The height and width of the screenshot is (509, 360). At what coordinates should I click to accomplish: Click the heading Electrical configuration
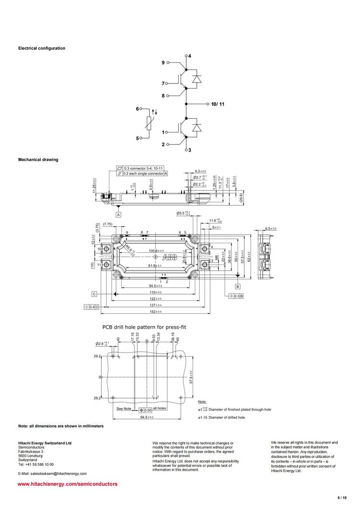[42, 48]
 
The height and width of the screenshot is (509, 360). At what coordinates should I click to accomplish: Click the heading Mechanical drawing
[38, 159]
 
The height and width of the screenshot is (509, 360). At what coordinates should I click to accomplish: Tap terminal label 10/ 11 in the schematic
[217, 104]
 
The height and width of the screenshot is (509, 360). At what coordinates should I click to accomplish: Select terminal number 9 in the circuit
[163, 63]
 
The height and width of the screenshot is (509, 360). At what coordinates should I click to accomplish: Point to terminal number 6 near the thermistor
[137, 109]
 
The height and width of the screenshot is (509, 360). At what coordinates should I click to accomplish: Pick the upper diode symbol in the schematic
[196, 79]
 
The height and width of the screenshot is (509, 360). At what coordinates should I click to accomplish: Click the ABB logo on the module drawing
[176, 258]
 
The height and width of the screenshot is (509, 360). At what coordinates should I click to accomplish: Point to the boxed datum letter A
[118, 214]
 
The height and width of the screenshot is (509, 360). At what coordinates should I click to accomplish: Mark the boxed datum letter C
[95, 293]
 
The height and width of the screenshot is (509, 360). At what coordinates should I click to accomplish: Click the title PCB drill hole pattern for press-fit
[144, 327]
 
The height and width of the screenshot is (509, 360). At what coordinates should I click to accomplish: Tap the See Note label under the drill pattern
[124, 409]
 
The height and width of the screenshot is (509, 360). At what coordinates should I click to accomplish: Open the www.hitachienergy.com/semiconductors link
[68, 484]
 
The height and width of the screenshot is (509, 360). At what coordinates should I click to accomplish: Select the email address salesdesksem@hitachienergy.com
[52, 473]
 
